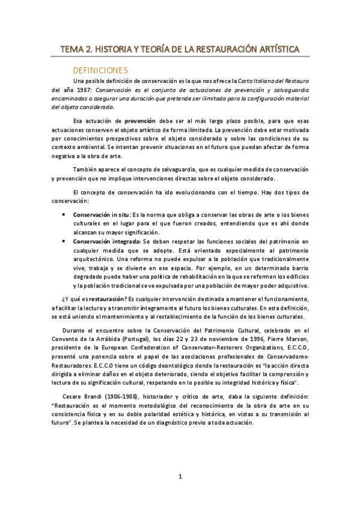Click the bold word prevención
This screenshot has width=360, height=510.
(140, 120)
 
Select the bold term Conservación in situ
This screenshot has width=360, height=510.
(99, 214)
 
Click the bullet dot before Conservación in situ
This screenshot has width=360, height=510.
(64, 214)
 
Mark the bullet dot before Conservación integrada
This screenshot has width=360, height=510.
(64, 241)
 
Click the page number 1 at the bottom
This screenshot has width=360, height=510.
(180, 477)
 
